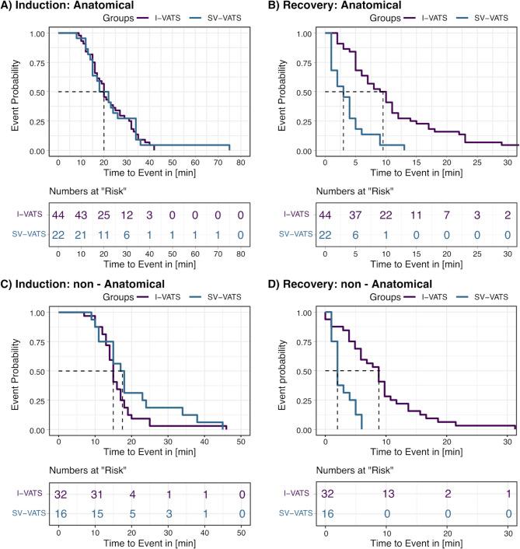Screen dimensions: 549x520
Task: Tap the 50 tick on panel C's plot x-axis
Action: click(x=241, y=441)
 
